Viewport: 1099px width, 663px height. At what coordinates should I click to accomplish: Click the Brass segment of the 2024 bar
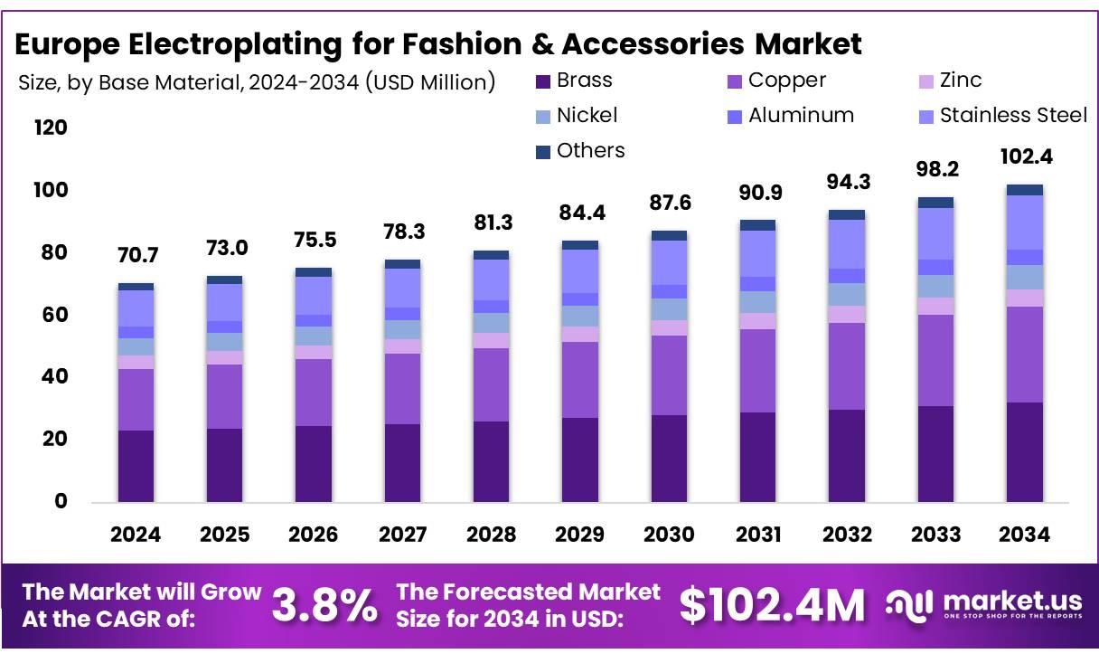click(x=136, y=465)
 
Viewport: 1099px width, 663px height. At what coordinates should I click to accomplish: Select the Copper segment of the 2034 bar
click(x=1025, y=354)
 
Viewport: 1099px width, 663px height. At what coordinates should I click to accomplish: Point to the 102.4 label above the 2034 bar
click(x=1025, y=156)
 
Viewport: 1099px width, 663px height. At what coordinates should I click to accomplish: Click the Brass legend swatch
click(x=542, y=81)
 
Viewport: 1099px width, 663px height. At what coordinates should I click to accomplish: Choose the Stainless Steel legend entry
click(x=1013, y=116)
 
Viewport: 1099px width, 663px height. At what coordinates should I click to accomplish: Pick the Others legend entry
click(x=590, y=151)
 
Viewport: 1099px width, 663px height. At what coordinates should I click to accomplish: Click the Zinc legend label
click(x=961, y=81)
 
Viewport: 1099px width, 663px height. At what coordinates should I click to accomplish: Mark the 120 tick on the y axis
click(x=51, y=128)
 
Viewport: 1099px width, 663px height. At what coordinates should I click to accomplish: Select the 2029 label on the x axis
click(x=580, y=535)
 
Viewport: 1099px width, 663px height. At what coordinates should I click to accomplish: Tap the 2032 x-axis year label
click(x=847, y=535)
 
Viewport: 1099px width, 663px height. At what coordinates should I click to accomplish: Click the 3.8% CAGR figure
click(x=324, y=605)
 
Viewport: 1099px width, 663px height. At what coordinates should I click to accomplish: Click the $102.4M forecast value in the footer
click(x=772, y=605)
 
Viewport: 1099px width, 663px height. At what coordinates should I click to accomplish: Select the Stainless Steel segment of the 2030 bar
click(x=669, y=262)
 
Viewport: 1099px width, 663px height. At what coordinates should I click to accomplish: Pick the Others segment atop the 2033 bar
click(x=935, y=203)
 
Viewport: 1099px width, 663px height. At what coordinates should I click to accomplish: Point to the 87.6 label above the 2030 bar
click(x=669, y=204)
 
